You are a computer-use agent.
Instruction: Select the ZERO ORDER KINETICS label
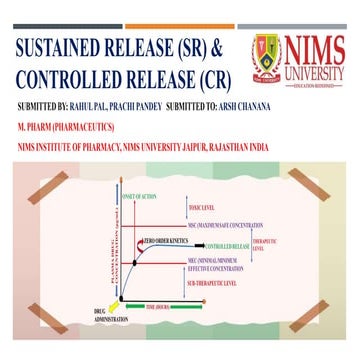164,241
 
